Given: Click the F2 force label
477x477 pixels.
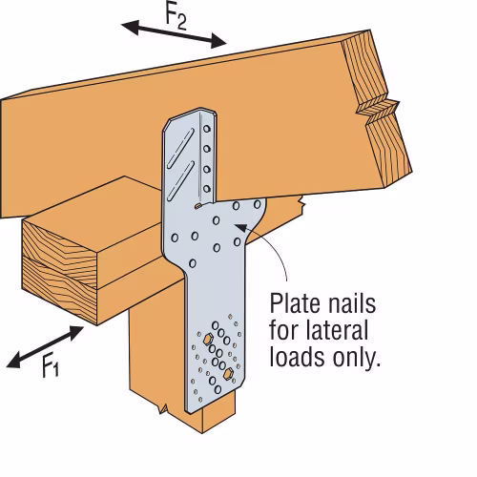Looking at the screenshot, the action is point(176,17).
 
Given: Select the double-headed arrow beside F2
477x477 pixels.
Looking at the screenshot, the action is point(174,34).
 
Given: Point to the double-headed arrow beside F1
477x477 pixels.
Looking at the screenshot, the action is point(45,347).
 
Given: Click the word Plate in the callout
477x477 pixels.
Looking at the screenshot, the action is point(294,303).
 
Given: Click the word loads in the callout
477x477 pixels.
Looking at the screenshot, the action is point(297,357).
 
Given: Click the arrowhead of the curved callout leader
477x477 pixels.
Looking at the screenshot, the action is point(240,227).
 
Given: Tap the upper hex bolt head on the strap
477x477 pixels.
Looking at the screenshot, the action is point(208,339).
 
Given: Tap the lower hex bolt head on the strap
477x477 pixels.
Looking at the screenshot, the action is point(228,374).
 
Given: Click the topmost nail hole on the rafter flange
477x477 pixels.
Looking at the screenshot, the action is point(207,129).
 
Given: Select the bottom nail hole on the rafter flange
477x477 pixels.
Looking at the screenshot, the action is point(207,189).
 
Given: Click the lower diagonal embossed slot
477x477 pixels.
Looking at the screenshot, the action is point(180,180).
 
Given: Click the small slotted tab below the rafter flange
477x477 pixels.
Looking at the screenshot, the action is point(197,206).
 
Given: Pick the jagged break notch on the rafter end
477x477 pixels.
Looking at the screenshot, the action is point(378,111).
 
